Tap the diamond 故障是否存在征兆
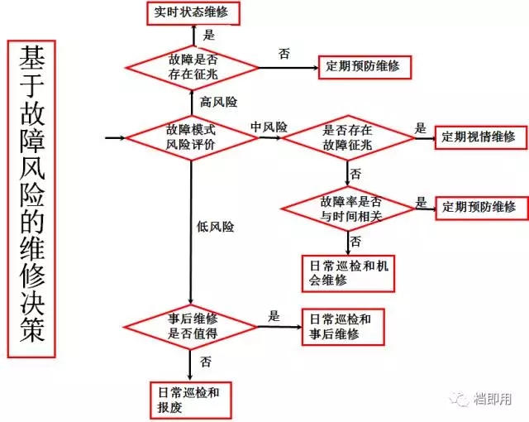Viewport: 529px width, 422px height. tap(192, 65)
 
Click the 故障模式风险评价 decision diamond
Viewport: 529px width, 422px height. tap(191, 137)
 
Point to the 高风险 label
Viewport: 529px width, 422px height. tap(218, 102)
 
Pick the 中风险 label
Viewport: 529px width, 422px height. tap(269, 127)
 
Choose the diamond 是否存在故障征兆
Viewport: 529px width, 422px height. tap(348, 137)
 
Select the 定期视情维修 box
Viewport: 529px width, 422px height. tap(478, 137)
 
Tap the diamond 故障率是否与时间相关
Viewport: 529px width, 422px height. tap(348, 207)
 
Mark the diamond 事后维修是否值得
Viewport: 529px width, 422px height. tap(191, 326)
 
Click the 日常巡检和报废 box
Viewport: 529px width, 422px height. tap(190, 399)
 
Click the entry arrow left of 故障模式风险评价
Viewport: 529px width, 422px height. tap(116, 137)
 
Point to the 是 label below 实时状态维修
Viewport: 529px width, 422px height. tap(208, 35)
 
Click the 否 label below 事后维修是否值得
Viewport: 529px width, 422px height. tap(206, 362)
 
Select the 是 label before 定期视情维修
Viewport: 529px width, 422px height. tap(421, 128)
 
